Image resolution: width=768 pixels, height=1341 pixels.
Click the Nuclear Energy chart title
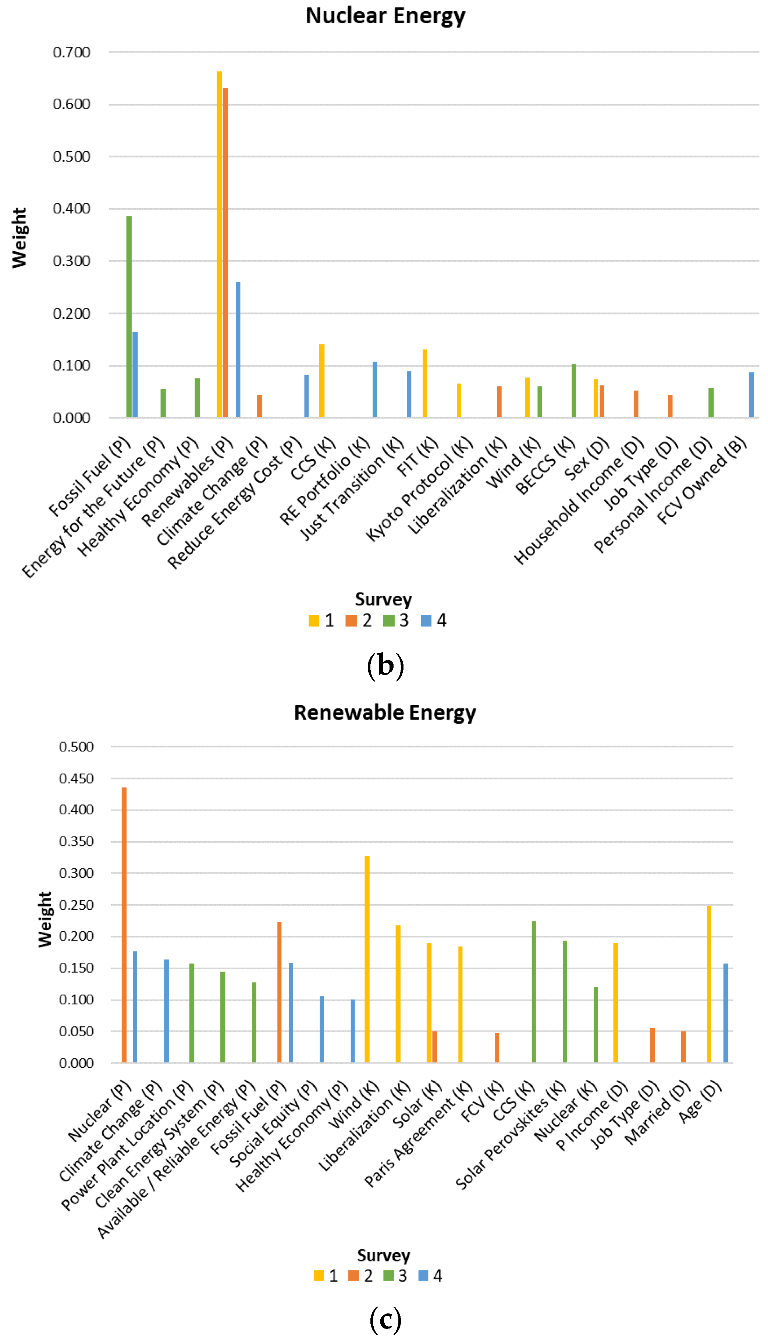385,16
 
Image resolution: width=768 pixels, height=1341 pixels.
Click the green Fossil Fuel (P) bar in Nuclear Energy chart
129,316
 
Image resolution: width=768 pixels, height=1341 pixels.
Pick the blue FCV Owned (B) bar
751,395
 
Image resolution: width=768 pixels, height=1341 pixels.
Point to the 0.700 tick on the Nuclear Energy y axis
72,52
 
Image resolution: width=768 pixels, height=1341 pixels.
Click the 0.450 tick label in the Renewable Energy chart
77,778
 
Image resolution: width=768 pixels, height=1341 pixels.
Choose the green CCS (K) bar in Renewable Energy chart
534,992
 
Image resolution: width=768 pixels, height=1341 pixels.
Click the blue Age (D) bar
726,1013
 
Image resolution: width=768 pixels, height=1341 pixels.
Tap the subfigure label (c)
385,1319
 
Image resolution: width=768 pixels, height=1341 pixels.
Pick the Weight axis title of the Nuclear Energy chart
19,238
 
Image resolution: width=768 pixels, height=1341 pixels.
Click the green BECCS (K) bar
574,390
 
